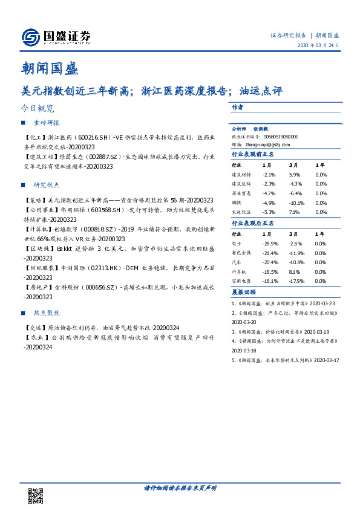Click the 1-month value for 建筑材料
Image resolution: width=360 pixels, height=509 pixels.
pyautogui.click(x=269, y=174)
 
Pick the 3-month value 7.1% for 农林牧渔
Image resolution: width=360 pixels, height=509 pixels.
pyautogui.click(x=295, y=212)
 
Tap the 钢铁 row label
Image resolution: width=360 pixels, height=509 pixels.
pyautogui.click(x=238, y=203)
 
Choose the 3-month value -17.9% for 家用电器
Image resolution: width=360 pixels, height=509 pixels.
pyautogui.click(x=296, y=281)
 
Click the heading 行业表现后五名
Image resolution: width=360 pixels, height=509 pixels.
pyautogui.click(x=253, y=224)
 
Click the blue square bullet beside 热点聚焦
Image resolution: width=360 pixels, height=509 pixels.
pyautogui.click(x=23, y=314)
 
